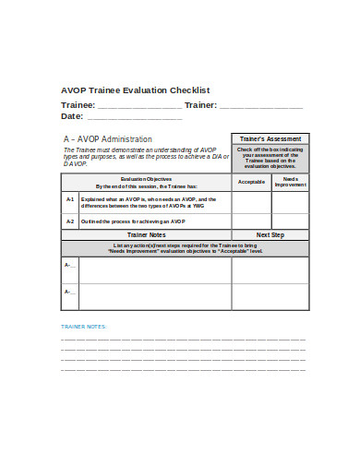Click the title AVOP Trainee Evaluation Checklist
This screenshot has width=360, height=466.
point(136,90)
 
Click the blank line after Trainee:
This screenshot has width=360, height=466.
point(139,106)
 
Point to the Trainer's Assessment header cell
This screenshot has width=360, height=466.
point(270,139)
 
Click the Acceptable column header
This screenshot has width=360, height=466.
point(251,181)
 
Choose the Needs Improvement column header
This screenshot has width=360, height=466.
point(290,181)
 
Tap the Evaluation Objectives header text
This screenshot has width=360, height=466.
point(146,181)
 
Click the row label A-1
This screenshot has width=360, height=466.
point(70,200)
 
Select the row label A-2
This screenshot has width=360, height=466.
point(70,221)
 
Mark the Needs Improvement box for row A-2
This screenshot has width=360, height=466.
point(290,221)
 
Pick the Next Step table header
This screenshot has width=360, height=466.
point(270,234)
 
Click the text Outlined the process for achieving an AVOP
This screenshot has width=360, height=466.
point(133,221)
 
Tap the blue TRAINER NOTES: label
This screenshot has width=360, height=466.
point(84,327)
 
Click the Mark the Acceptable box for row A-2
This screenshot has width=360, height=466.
point(251,221)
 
